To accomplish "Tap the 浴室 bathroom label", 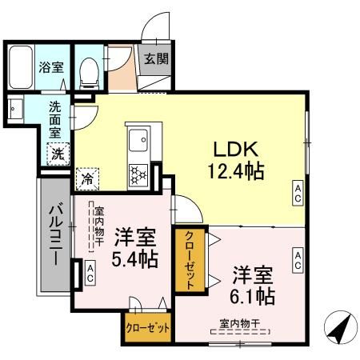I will pyautogui.click(x=52, y=68).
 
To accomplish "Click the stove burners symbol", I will pyautogui.click(x=138, y=174).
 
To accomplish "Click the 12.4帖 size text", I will pyautogui.click(x=234, y=170).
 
